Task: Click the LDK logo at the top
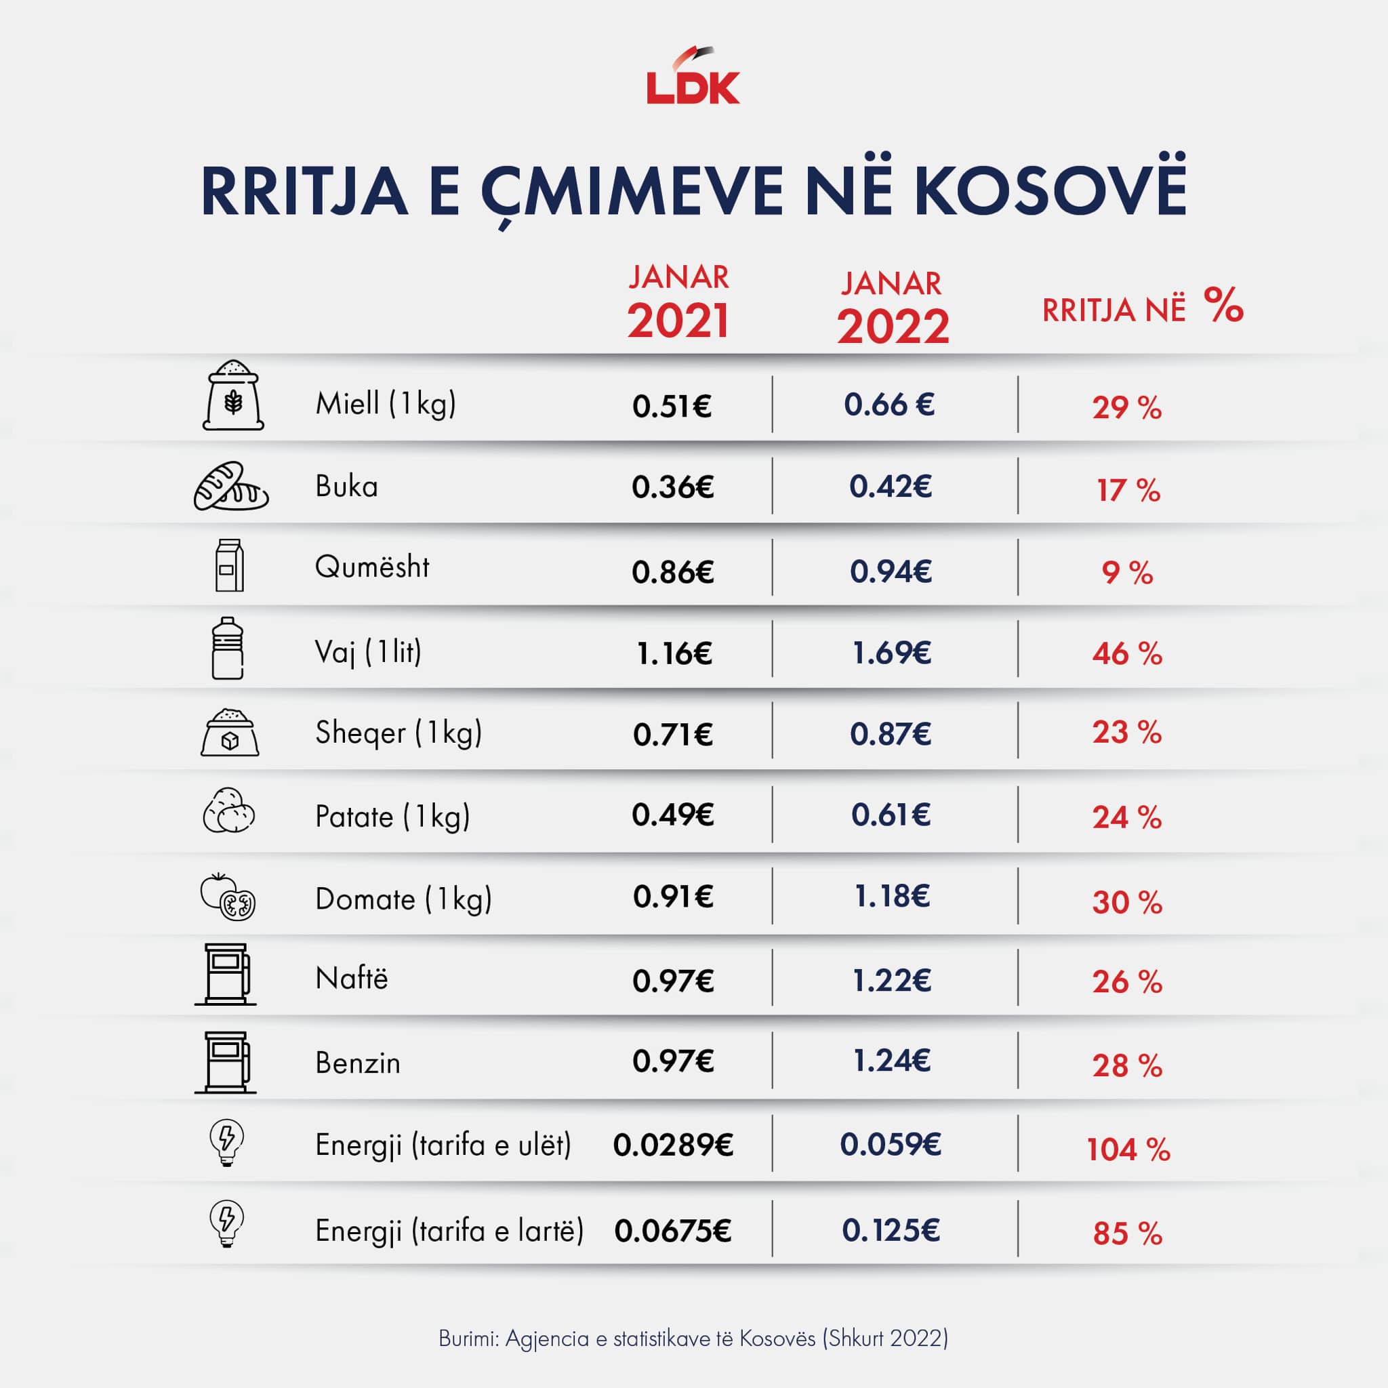[x=693, y=79]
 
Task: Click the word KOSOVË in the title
[x=1050, y=192]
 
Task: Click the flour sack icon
[x=232, y=396]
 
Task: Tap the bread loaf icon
[x=230, y=487]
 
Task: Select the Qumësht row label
[x=372, y=567]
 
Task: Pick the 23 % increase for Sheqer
[x=1126, y=732]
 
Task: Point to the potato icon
[x=229, y=811]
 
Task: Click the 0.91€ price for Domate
[x=672, y=897]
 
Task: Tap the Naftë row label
[x=351, y=978]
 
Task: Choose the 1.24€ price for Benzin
[x=891, y=1061]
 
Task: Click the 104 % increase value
[x=1128, y=1149]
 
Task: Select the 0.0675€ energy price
[x=672, y=1231]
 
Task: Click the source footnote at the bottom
[x=693, y=1339]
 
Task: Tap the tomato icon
[x=228, y=897]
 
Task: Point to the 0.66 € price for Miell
[x=889, y=405]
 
